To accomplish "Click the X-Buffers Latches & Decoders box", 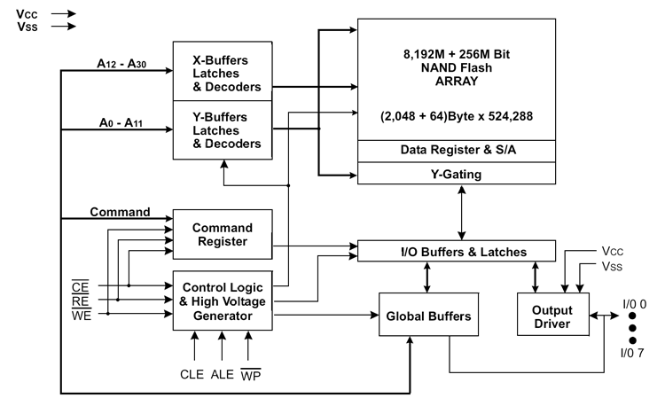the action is tap(223, 71).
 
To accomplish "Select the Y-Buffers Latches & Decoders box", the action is tap(223, 130).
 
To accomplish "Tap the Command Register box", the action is tap(223, 234).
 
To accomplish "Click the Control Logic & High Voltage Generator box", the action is tap(223, 300).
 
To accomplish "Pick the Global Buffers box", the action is tap(428, 315).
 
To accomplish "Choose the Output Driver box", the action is tap(553, 315).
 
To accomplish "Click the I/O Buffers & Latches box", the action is tap(457, 252).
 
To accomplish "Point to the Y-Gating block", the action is tap(457, 174).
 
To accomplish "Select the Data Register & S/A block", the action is tap(457, 151).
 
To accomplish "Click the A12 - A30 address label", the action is tap(121, 64).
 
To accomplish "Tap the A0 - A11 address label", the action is tap(121, 122).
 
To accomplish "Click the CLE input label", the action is tap(192, 374).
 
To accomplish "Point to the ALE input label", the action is tap(223, 374).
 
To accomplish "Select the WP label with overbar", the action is tap(251, 375).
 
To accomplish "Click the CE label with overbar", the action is tap(80, 286).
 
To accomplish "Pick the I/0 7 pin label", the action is tap(632, 353).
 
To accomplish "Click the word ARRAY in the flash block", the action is tap(457, 81).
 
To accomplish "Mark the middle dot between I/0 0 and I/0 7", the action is tap(632, 328).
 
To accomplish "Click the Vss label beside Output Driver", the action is tap(612, 266).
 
